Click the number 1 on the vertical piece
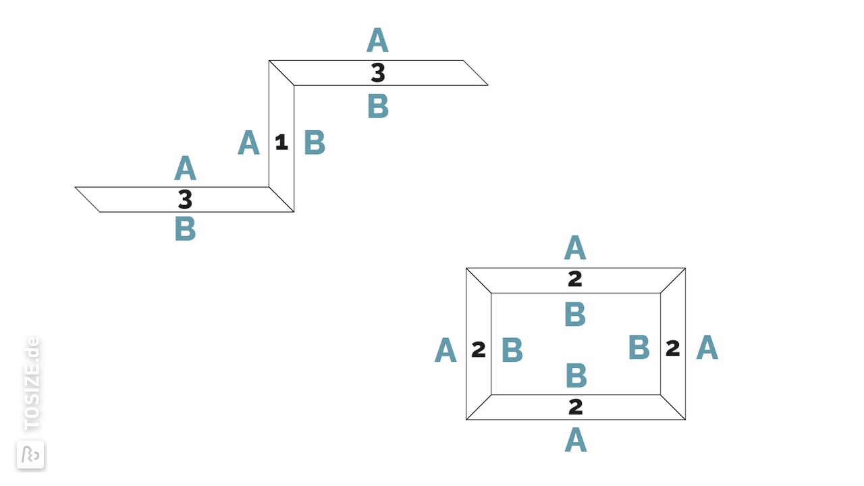pos(281,142)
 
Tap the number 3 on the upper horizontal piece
pos(378,73)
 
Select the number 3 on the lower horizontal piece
pos(185,199)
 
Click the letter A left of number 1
pos(248,142)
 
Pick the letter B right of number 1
pos(315,142)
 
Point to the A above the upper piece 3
pos(377,40)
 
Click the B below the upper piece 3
pos(378,106)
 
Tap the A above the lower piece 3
pos(185,168)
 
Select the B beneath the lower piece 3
pos(186,229)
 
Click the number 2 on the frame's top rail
pos(575,279)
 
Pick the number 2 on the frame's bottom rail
pos(576,407)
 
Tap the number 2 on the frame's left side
pos(479,350)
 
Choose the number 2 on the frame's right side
pos(673,348)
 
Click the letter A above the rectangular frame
pos(575,247)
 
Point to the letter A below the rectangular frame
pos(576,439)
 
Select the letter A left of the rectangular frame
pos(446,350)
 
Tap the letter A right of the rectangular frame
pos(707,348)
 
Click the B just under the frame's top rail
pos(575,314)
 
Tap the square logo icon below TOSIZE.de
pos(30,455)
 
